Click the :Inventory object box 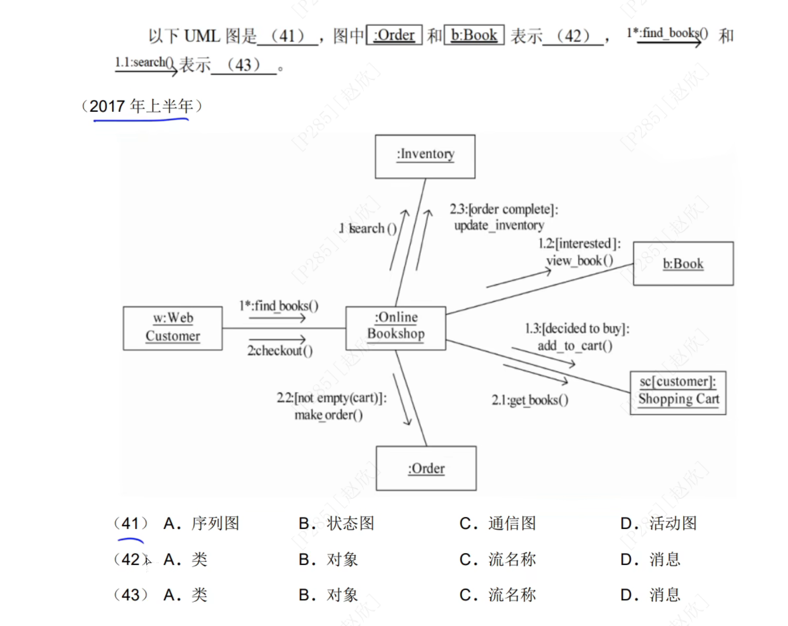point(425,157)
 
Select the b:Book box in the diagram point(683,264)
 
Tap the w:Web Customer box point(173,328)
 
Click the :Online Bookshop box point(395,328)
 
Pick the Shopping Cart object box point(678,392)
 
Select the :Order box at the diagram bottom point(426,468)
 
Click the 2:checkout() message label point(280,351)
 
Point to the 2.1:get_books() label point(530,400)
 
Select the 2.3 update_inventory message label point(503,217)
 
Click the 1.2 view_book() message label point(579,252)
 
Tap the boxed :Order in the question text point(394,35)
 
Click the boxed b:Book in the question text point(474,35)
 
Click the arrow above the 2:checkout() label point(277,339)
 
